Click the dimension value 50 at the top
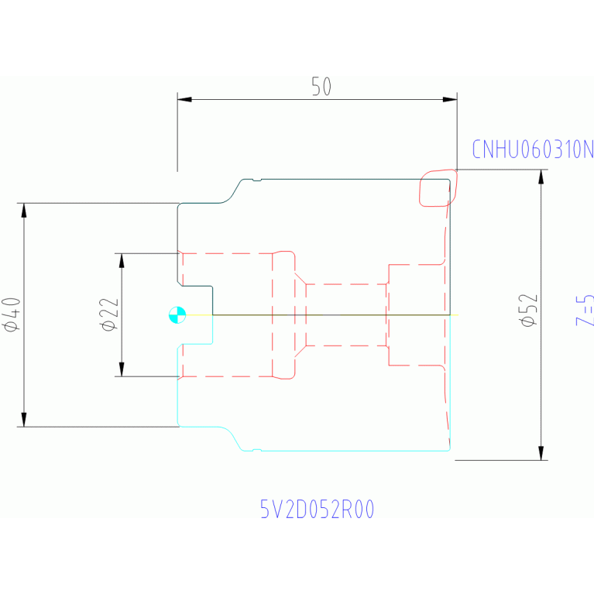(321, 87)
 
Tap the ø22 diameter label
(109, 314)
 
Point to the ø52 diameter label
(528, 310)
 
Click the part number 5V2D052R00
(318, 509)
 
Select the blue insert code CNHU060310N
(533, 149)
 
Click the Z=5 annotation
(585, 310)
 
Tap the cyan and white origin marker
(177, 314)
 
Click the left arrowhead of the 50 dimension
(184, 100)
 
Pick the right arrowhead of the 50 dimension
(450, 100)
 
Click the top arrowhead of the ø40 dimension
(24, 210)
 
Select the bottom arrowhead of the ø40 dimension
(24, 420)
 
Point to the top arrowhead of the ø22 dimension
(122, 261)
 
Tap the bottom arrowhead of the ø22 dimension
(122, 369)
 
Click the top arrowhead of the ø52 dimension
(541, 177)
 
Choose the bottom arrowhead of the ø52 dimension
(541, 454)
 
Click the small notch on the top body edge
(257, 180)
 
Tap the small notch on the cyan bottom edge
(257, 450)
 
